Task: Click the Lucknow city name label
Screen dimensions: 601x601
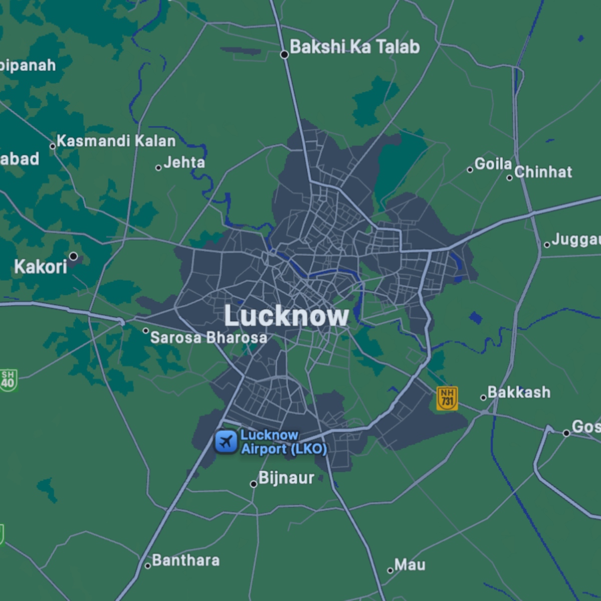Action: (286, 316)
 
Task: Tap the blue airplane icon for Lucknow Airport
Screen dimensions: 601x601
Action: (226, 442)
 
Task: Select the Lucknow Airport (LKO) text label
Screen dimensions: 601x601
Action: (283, 442)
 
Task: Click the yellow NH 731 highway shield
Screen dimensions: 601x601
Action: (447, 399)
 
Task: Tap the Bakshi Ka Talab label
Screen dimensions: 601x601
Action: (355, 47)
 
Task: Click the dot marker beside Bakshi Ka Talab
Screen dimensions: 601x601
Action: (284, 55)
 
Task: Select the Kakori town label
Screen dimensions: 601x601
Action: (41, 266)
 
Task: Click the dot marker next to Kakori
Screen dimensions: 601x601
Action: (73, 256)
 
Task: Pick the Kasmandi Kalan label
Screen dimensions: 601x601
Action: (116, 141)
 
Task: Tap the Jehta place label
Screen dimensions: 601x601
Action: (184, 162)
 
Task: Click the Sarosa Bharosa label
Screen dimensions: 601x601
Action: (208, 338)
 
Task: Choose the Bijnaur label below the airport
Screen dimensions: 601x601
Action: (286, 478)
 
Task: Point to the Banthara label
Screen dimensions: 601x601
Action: (185, 560)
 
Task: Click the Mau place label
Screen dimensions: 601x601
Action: (410, 565)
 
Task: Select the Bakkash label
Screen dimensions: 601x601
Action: (519, 392)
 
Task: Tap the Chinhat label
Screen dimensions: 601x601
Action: (543, 172)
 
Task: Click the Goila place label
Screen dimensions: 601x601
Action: (493, 164)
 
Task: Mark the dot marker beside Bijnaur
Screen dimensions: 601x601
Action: (253, 484)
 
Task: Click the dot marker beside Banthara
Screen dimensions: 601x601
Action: (148, 566)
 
